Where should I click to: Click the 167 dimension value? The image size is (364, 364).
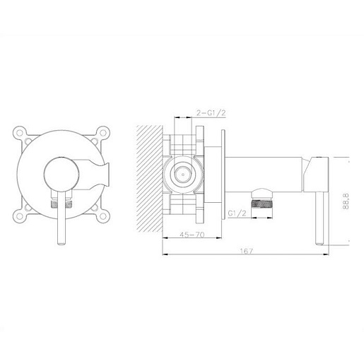pos(246,251)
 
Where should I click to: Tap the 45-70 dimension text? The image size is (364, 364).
pos(192,235)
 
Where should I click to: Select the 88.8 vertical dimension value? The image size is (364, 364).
pos(346,201)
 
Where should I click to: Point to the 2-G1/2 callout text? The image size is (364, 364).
pos(211,113)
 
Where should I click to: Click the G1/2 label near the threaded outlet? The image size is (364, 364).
pos(237,213)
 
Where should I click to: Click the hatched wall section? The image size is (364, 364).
pos(150,178)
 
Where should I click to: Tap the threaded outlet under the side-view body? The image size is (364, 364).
pos(262,204)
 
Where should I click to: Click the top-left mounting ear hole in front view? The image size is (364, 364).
pos(20,133)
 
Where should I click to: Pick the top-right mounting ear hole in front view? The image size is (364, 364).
pos(102,133)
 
